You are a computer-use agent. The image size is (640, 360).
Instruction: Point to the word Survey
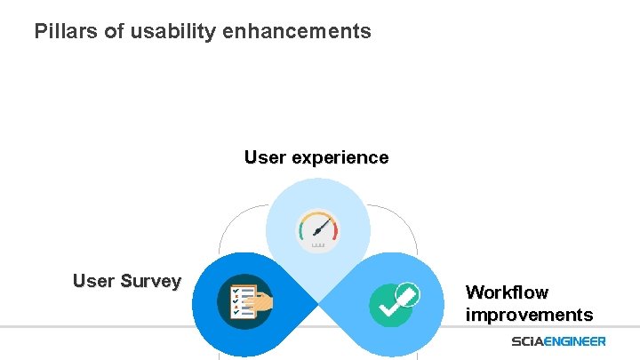point(150,282)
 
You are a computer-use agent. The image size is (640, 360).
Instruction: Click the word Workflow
point(507,292)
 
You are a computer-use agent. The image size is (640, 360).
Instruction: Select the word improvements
point(529,315)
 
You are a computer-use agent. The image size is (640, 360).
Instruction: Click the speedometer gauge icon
point(318,229)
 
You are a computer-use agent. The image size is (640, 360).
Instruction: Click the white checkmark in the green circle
point(388,307)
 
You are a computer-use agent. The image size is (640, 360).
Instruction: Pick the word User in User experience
point(265,158)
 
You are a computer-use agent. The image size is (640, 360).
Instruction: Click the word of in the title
point(108,32)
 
